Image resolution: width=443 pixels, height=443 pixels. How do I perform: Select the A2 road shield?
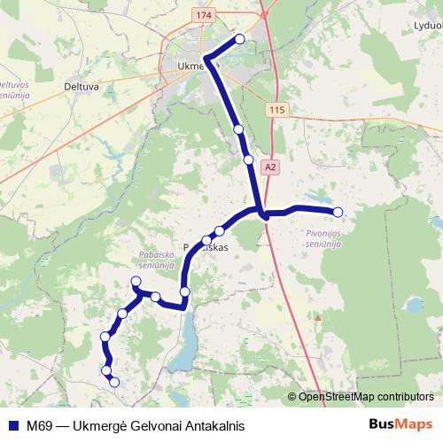pyautogui.click(x=270, y=165)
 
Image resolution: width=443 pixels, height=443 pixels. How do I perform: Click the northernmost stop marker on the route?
pyautogui.click(x=240, y=39)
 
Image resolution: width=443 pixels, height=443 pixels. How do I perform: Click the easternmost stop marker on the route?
pyautogui.click(x=338, y=211)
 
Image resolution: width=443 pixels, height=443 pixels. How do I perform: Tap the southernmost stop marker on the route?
pyautogui.click(x=113, y=382)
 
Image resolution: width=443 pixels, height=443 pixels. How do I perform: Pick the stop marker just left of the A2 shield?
pyautogui.click(x=249, y=160)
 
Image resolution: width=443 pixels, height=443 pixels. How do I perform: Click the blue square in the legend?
pyautogui.click(x=13, y=425)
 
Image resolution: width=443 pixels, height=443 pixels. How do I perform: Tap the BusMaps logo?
pyautogui.click(x=400, y=424)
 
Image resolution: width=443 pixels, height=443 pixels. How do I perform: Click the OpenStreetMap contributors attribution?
pyautogui.click(x=364, y=397)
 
